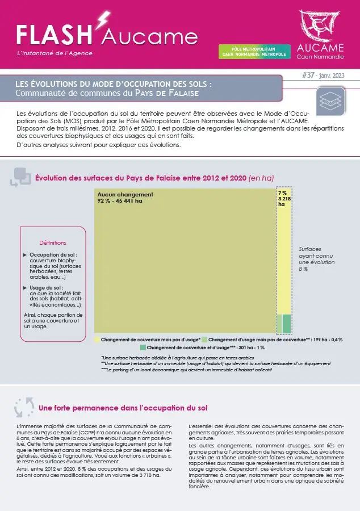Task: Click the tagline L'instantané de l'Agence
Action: click(x=55, y=53)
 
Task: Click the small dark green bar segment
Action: click(x=287, y=323)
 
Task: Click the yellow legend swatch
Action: click(x=97, y=339)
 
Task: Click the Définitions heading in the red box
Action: click(x=53, y=242)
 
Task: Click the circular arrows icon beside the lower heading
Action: click(x=24, y=408)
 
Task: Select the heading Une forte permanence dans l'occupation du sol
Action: click(x=123, y=408)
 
